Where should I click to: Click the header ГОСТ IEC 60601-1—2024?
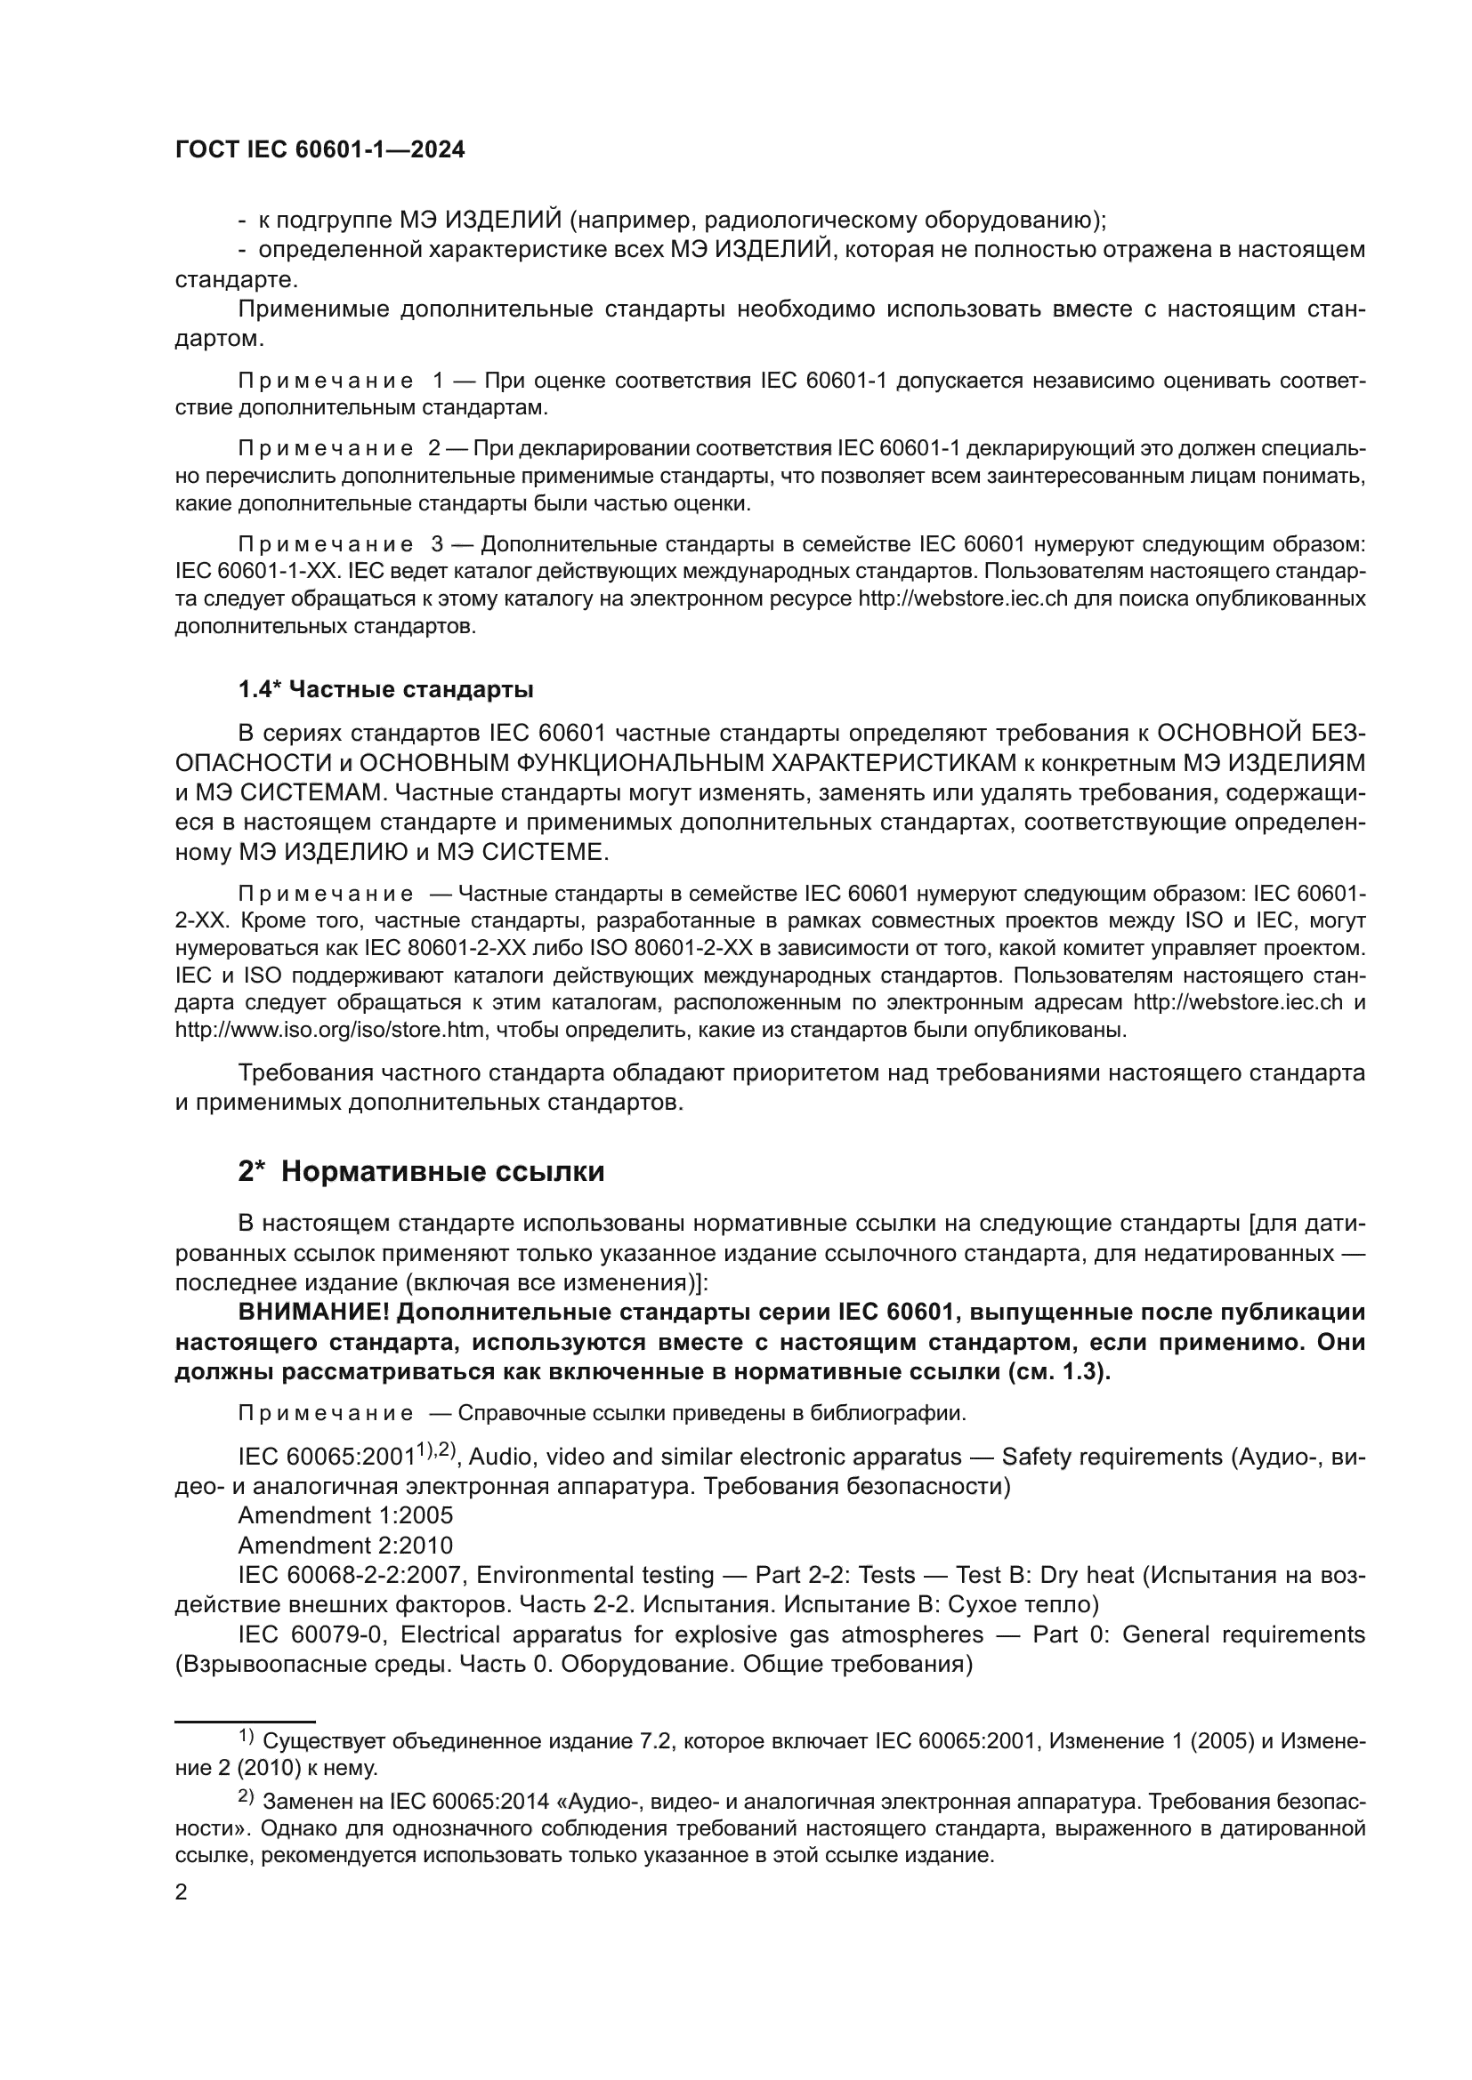(320, 150)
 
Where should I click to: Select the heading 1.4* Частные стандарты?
(385, 689)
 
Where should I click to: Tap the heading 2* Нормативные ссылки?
(421, 1171)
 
